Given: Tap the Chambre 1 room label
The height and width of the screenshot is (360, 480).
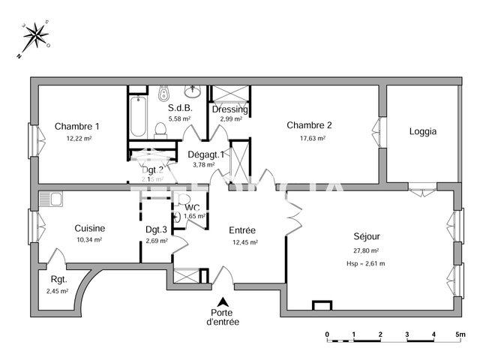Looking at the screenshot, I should (x=77, y=126).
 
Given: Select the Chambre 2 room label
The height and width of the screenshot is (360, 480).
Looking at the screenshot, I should (x=309, y=125).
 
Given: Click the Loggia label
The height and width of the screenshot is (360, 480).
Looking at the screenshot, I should (x=422, y=131).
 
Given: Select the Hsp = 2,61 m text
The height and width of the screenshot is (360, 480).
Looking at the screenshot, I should (x=365, y=263).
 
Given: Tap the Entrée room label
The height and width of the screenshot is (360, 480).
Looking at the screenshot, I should (x=242, y=230).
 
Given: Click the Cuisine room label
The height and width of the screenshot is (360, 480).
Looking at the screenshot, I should (x=89, y=228).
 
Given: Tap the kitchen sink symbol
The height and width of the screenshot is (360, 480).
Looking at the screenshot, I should (x=51, y=199).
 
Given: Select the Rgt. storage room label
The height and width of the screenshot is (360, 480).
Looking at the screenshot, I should (x=56, y=279).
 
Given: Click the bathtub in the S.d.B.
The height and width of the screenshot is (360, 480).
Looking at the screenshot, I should (x=139, y=115).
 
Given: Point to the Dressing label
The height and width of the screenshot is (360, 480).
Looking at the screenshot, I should (x=229, y=109).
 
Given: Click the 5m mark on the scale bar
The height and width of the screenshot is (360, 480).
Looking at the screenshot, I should (x=460, y=334).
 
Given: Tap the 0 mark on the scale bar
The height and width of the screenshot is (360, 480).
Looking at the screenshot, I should (x=327, y=334).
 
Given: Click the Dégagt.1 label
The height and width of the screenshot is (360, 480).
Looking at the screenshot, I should (x=205, y=154).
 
